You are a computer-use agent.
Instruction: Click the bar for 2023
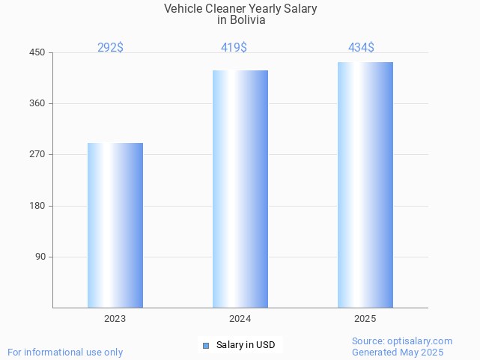[115, 225]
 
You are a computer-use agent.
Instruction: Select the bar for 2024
[240, 189]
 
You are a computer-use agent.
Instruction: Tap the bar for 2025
[365, 184]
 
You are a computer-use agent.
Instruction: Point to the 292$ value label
[110, 47]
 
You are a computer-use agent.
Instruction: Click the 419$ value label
[234, 47]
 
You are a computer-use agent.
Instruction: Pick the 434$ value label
[361, 47]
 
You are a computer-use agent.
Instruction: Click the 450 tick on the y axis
[37, 52]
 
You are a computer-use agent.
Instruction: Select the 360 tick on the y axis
[37, 103]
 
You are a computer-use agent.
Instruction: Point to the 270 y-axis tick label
[37, 154]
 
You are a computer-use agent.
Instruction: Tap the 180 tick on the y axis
[37, 206]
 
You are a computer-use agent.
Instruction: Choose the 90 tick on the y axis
[40, 257]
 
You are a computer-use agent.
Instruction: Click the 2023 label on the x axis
[115, 319]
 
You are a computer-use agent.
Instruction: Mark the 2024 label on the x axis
[240, 319]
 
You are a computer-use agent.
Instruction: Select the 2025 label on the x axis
[365, 319]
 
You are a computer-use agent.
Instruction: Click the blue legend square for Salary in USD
[205, 345]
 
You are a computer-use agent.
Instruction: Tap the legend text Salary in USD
[246, 345]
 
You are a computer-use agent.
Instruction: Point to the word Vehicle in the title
[183, 9]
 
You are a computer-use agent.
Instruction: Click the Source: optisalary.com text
[402, 341]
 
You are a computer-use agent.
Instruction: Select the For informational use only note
[65, 352]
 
